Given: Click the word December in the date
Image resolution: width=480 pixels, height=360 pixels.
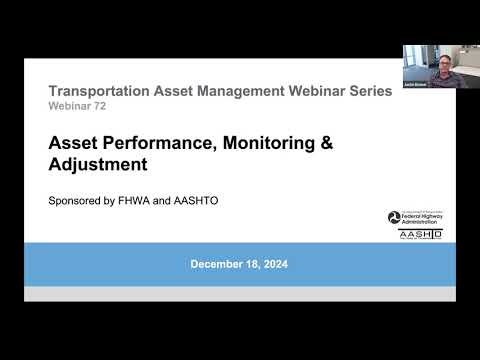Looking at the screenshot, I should [x=214, y=264].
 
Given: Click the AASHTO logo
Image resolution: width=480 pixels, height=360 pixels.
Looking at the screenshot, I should [x=420, y=234].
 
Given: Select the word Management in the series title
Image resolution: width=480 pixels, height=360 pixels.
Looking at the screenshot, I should [x=211, y=91].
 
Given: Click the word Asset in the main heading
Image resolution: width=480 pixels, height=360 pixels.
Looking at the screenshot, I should [x=71, y=143].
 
